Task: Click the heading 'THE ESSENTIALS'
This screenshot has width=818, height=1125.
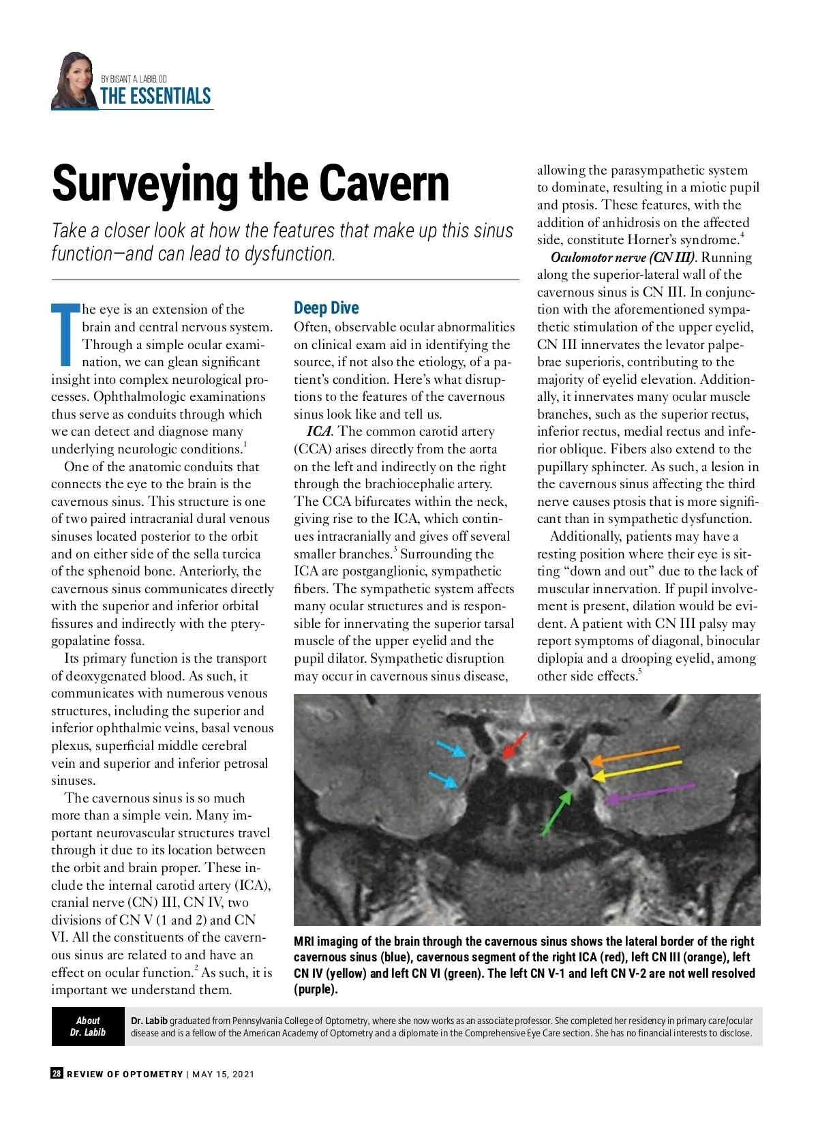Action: pos(155,96)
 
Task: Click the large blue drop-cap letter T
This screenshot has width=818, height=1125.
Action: pos(65,334)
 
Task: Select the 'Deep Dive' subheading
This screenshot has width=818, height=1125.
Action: pos(326,308)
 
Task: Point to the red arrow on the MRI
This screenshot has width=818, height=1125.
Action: pos(515,746)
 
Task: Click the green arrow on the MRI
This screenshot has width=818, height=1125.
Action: pos(556,813)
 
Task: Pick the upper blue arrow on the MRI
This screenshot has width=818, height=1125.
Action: pos(451,749)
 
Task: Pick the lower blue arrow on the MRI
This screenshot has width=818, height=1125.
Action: pos(444,779)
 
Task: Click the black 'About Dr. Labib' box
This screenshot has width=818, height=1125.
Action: pos(88,1026)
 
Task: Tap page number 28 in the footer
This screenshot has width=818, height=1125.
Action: pos(57,1074)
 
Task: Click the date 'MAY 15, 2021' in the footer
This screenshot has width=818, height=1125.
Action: pos(224,1075)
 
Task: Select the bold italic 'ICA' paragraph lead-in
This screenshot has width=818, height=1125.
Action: pos(318,432)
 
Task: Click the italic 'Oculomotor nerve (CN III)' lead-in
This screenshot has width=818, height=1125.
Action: pos(622,257)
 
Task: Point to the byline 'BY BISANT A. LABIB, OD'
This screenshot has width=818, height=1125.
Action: pos(134,79)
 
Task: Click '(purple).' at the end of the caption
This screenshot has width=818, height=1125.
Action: pos(316,989)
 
